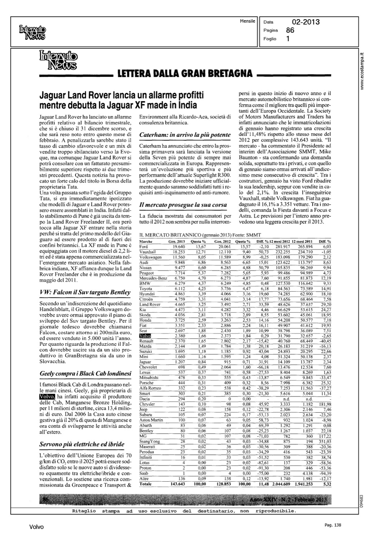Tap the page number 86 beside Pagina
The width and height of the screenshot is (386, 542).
290,30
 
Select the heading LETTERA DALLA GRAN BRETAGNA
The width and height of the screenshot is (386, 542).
185,73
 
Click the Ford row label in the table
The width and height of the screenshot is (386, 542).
143,246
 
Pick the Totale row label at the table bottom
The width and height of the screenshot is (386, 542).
146,484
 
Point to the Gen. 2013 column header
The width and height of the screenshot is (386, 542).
177,241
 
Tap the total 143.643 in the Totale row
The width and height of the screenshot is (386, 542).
178,484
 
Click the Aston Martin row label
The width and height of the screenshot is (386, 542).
151,420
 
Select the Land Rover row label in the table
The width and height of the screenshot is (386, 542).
149,305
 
